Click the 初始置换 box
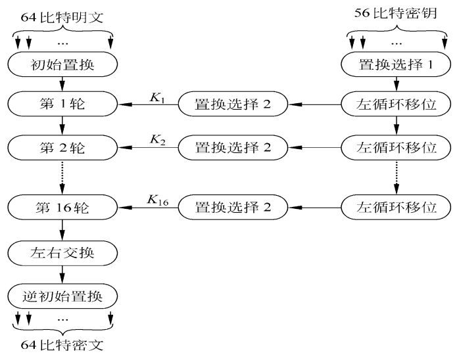pyautogui.click(x=62, y=64)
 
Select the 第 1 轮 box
pyautogui.click(x=62, y=104)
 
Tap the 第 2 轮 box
pyautogui.click(x=62, y=148)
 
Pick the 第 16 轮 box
pyautogui.click(x=62, y=208)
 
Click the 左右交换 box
pyautogui.click(x=62, y=253)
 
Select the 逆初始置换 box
pyautogui.click(x=62, y=296)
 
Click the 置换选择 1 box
pyautogui.click(x=396, y=64)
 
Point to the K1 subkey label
pyautogui.click(x=157, y=98)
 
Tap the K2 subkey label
pyautogui.click(x=157, y=140)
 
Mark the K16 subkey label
pyautogui.click(x=158, y=200)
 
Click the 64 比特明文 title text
pyautogui.click(x=62, y=18)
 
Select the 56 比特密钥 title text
pyautogui.click(x=396, y=13)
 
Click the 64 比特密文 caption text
pyautogui.click(x=62, y=345)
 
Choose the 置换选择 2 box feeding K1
pyautogui.click(x=233, y=104)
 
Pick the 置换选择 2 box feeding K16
pyautogui.click(x=233, y=208)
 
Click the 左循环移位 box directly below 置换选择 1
pyautogui.click(x=396, y=104)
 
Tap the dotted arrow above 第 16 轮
pyautogui.click(x=62, y=177)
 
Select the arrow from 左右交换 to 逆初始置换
pyautogui.click(x=62, y=275)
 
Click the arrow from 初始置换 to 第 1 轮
pyautogui.click(x=62, y=84)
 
